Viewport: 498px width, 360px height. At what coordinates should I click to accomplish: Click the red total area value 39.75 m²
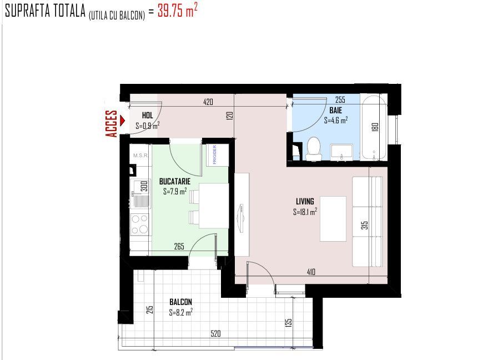point(178,10)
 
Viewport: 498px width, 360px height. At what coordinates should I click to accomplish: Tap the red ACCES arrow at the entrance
point(123,121)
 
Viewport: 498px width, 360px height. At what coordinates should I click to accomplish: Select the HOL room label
point(147,116)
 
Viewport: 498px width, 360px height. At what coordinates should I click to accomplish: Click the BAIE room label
point(336,110)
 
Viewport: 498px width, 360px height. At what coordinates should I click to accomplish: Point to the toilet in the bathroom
point(314,148)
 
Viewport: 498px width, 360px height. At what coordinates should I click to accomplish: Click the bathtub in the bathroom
point(374,128)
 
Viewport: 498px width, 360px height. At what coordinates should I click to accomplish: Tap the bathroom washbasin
point(341,152)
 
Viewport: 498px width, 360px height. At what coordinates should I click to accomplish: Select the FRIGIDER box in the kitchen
point(218,155)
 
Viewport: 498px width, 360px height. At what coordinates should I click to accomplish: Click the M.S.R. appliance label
point(140,156)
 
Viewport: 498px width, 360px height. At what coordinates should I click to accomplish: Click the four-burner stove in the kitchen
point(140,224)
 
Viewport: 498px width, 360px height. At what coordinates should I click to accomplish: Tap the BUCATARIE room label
point(175,182)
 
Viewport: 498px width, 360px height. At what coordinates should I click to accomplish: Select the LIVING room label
point(305,202)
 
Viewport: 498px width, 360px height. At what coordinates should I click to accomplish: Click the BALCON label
point(181,302)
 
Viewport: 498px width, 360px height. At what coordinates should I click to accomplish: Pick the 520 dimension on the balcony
point(215,334)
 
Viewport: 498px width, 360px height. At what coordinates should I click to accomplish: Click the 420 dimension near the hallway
point(208,102)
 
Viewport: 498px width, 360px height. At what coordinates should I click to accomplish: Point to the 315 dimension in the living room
point(365,226)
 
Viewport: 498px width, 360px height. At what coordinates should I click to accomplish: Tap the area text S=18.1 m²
point(305,212)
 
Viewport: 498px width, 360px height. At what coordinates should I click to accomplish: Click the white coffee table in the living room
point(333,219)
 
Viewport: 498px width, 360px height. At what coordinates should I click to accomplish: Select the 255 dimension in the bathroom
point(340,99)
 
